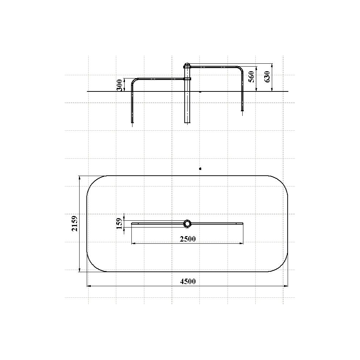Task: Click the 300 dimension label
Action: [x=120, y=85]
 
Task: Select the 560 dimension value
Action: [x=252, y=77]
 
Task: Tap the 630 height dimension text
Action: [x=267, y=77]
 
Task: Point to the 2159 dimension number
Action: [x=75, y=224]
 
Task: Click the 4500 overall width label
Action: [x=188, y=281]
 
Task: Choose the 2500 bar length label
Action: [x=188, y=239]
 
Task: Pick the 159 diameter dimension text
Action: [x=120, y=224]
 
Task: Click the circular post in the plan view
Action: [x=187, y=224]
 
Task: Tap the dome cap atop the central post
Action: [x=187, y=64]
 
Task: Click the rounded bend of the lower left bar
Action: [x=134, y=81]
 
